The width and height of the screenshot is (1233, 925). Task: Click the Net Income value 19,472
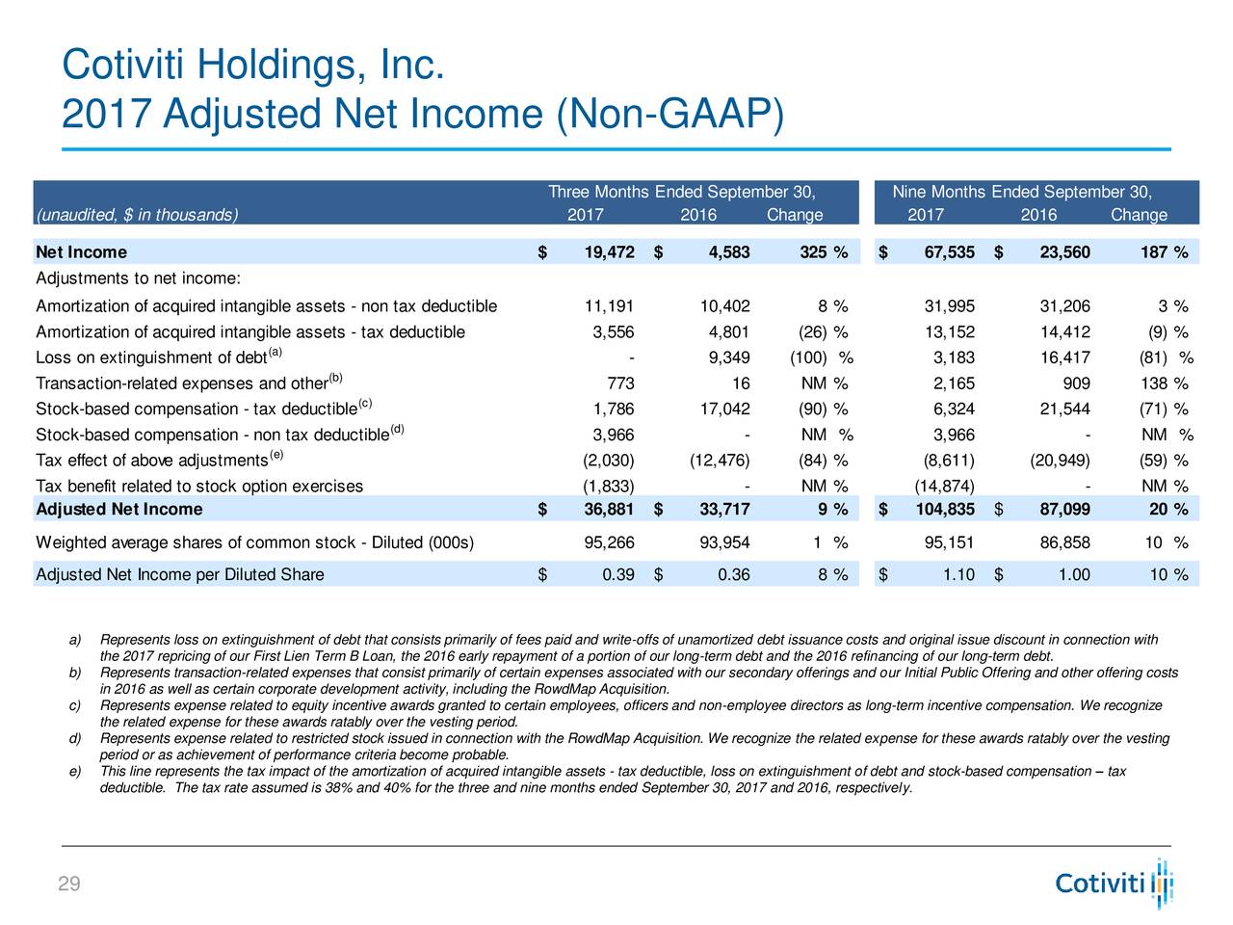click(609, 252)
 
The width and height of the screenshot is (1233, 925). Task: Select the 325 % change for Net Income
click(824, 252)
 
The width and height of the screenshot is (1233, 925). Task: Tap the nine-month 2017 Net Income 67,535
click(950, 252)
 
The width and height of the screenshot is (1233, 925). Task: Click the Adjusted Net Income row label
click(119, 509)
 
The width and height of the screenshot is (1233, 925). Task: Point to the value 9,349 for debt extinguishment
click(729, 357)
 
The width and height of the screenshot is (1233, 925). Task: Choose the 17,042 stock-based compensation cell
click(724, 409)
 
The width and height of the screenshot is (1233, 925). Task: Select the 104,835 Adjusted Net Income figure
click(945, 509)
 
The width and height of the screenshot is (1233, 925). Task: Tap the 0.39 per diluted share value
click(617, 574)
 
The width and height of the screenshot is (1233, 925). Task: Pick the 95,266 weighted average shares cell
click(609, 542)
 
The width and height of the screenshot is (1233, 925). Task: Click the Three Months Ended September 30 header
click(681, 192)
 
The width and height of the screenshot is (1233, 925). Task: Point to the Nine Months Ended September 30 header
click(1022, 192)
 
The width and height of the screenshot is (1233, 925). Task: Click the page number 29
click(69, 884)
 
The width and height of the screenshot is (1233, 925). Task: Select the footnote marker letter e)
click(75, 771)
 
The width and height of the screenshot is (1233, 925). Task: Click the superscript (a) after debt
click(275, 352)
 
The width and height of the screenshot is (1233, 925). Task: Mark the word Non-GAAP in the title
click(670, 114)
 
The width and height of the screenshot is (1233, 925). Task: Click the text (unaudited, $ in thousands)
click(137, 215)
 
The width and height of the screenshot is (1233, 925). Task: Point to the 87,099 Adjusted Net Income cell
click(1065, 509)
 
